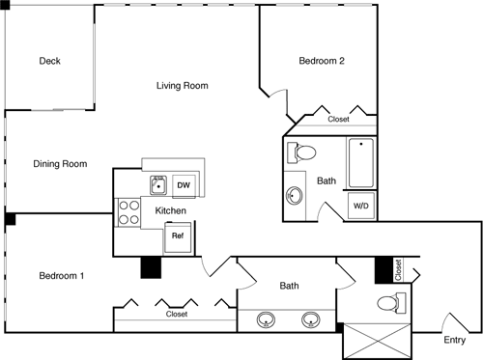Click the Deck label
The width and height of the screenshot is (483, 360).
pos(50,61)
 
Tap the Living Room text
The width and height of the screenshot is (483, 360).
pos(183,86)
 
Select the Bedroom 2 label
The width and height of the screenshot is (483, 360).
pos(322,61)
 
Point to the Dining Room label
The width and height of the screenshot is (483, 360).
pos(61,164)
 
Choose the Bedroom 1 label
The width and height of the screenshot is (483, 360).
pos(62,276)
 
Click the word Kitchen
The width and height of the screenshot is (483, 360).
pos(170,210)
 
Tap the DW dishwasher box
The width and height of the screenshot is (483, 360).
pos(183,184)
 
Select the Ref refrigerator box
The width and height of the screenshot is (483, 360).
pos(178,235)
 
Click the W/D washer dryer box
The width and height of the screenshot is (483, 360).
pos(359,206)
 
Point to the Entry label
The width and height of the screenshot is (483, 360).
pos(454,339)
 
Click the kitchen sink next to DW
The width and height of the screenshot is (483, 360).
pos(156,183)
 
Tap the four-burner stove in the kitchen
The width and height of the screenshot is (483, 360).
pos(128,212)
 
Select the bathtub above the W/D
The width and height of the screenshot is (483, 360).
pos(360,164)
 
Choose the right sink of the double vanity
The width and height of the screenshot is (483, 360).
pos(310,319)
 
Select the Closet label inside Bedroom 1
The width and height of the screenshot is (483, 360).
pos(176,314)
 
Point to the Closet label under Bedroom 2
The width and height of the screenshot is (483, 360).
pos(338,120)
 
